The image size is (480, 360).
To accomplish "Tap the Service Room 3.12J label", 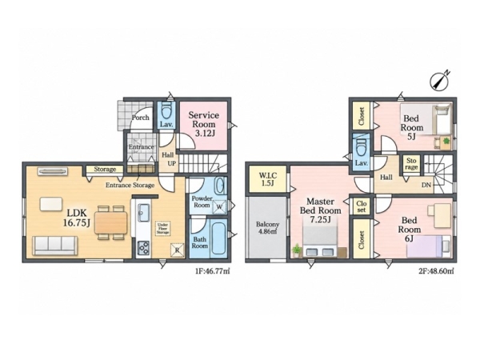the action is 203,124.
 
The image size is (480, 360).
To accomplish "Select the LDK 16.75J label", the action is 76,218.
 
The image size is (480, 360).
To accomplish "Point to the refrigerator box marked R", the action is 178,250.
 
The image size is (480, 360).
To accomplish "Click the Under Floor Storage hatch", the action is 162,228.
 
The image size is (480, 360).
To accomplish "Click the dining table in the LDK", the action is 111,222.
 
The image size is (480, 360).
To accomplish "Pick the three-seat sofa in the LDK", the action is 55,246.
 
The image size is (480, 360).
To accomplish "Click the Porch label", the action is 141,118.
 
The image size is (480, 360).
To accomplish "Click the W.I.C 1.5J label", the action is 268,179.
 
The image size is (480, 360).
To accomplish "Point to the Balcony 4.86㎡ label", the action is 267,228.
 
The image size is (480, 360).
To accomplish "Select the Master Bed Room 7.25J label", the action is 320,210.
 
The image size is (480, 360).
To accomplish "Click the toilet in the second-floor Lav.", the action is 362,146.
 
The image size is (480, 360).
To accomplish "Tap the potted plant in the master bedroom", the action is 296,250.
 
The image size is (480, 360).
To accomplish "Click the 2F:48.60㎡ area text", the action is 436,271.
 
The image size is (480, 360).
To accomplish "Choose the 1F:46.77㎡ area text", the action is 213,271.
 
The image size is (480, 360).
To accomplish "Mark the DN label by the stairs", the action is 426,186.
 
